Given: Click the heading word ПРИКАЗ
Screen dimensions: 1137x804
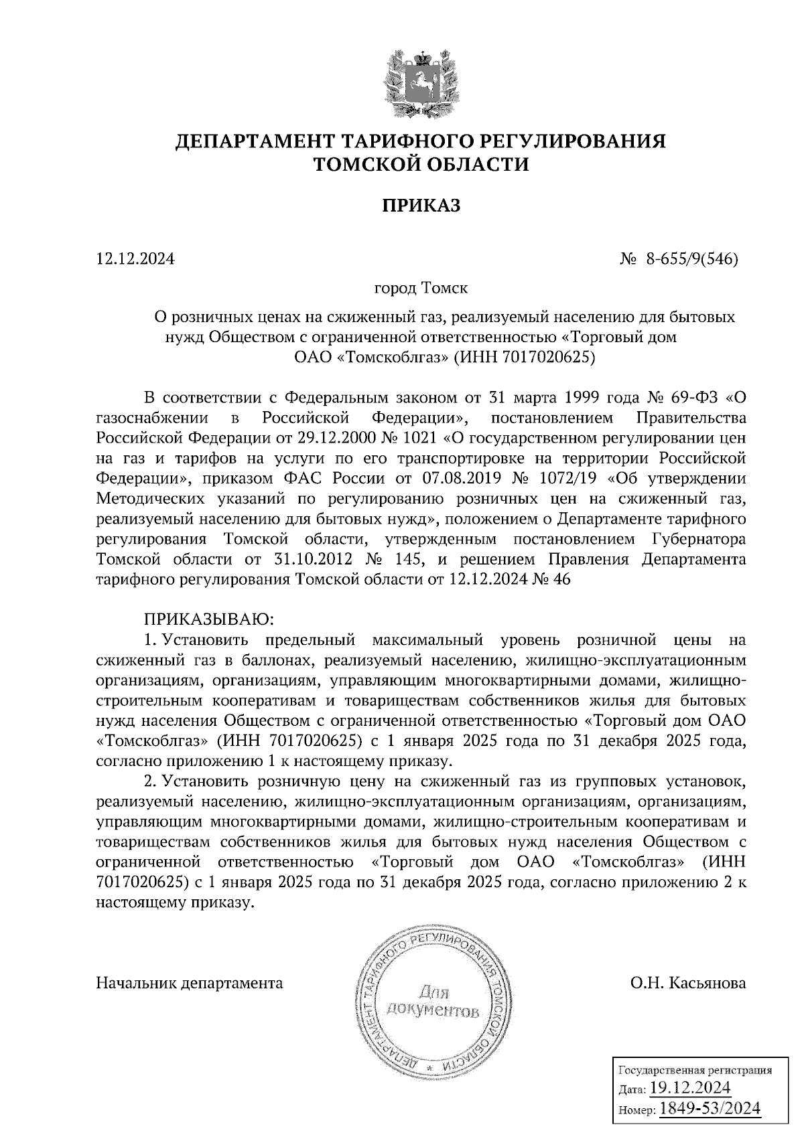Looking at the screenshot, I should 421,206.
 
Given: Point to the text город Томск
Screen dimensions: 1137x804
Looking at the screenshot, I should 421,289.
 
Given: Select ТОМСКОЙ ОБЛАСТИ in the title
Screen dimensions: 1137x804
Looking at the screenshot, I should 422,164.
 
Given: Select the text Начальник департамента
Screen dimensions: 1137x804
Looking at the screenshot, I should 190,983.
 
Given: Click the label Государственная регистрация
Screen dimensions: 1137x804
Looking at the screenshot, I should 693,1069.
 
